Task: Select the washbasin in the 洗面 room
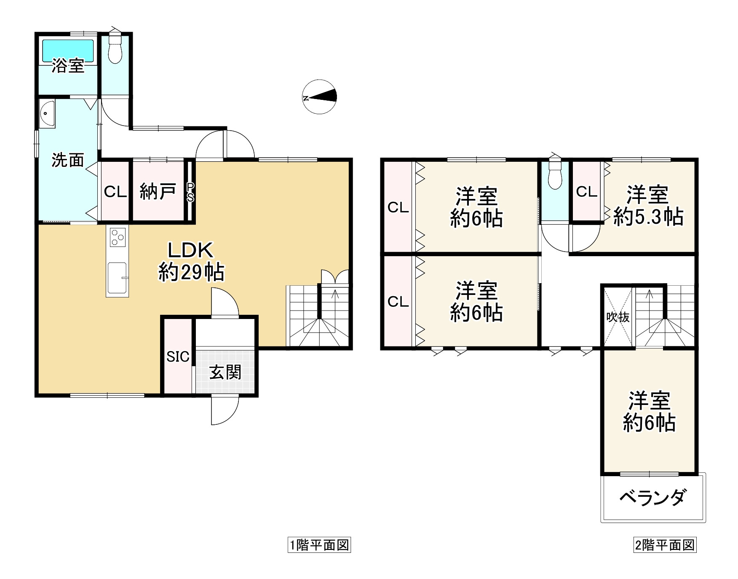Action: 47,113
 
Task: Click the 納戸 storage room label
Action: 158,193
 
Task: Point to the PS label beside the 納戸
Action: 190,192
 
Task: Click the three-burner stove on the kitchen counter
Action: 118,237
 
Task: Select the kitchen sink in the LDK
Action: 117,277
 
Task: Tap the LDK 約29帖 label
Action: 191,262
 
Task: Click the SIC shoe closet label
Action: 178,357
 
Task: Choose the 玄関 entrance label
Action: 225,372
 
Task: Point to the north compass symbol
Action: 320,97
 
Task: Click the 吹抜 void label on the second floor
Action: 618,317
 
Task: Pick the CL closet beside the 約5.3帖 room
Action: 586,192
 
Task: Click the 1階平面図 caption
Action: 319,545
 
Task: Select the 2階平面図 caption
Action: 665,545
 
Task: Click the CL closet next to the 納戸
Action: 115,193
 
